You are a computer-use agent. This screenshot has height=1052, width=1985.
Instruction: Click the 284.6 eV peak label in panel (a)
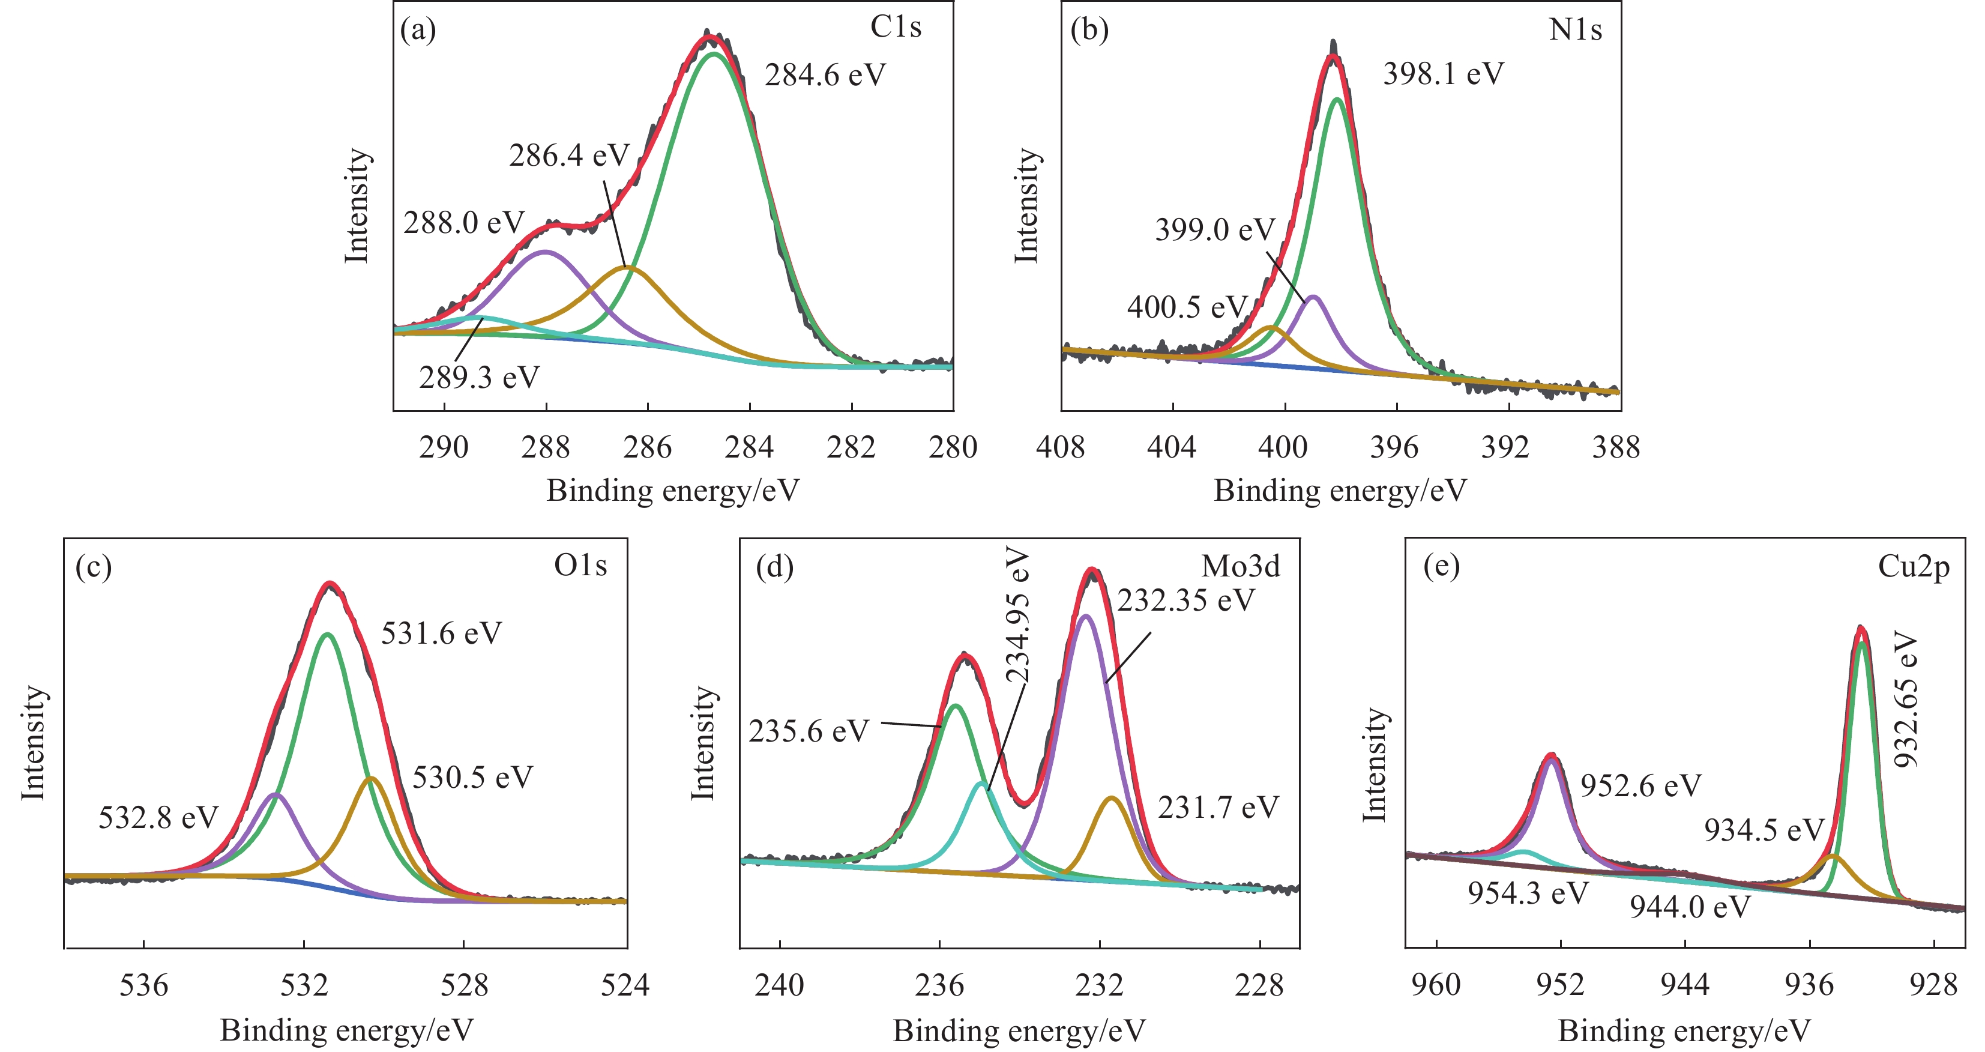(x=825, y=76)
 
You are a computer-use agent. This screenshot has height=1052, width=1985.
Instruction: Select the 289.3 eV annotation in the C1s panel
(x=480, y=378)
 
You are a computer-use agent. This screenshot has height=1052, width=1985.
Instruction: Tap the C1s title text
(x=896, y=27)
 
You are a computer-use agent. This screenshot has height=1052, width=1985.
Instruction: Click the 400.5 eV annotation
(x=1187, y=307)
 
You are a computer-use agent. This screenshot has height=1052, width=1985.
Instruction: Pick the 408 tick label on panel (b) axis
(x=1060, y=447)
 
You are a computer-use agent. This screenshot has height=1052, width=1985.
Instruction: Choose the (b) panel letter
(x=1089, y=29)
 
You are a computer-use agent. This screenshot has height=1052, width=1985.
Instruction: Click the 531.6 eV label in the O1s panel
(x=442, y=633)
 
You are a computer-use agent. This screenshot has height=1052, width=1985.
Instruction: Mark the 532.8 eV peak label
(x=158, y=817)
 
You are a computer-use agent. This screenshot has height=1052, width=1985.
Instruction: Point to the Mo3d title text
(x=1241, y=566)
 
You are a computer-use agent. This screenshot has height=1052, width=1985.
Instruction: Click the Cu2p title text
(x=1914, y=566)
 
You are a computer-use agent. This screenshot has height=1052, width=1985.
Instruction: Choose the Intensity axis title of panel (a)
(x=357, y=206)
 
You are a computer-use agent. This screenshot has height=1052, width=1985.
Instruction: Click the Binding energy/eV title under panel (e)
(x=1684, y=1030)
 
